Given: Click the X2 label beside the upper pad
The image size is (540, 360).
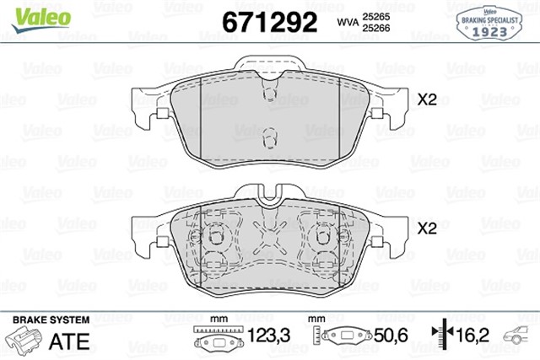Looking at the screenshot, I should pos(427,100).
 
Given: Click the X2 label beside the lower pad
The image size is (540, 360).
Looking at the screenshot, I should pos(427,228).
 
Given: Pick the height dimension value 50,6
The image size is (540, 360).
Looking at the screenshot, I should pos(390,336).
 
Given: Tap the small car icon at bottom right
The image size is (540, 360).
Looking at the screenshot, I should pos(518,337).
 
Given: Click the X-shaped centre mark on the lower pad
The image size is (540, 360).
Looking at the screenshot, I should pos(269,239).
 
